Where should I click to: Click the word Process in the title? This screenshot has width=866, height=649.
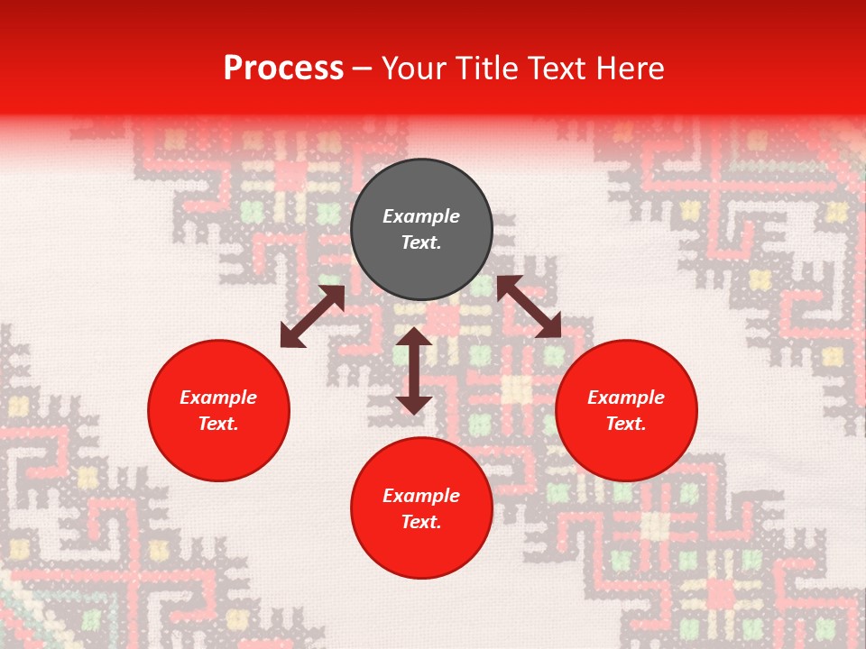click(283, 69)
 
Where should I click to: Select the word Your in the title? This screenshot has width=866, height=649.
click(415, 69)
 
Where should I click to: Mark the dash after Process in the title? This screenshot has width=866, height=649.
click(362, 69)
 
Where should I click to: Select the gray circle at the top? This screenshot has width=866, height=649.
click(421, 230)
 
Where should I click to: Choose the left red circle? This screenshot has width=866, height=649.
click(218, 411)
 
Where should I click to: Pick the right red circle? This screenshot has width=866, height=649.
click(626, 411)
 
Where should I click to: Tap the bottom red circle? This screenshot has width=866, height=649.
click(421, 508)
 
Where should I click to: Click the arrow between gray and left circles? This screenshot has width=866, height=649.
click(312, 316)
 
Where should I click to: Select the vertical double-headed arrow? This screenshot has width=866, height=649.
click(414, 370)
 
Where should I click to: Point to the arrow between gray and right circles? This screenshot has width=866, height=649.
click(529, 306)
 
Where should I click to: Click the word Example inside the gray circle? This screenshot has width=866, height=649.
click(421, 216)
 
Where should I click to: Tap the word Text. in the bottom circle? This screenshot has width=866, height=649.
click(421, 522)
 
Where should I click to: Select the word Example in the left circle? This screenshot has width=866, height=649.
click(218, 398)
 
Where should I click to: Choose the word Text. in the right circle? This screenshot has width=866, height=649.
click(626, 424)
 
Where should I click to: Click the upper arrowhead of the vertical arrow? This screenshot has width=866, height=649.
click(414, 337)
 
